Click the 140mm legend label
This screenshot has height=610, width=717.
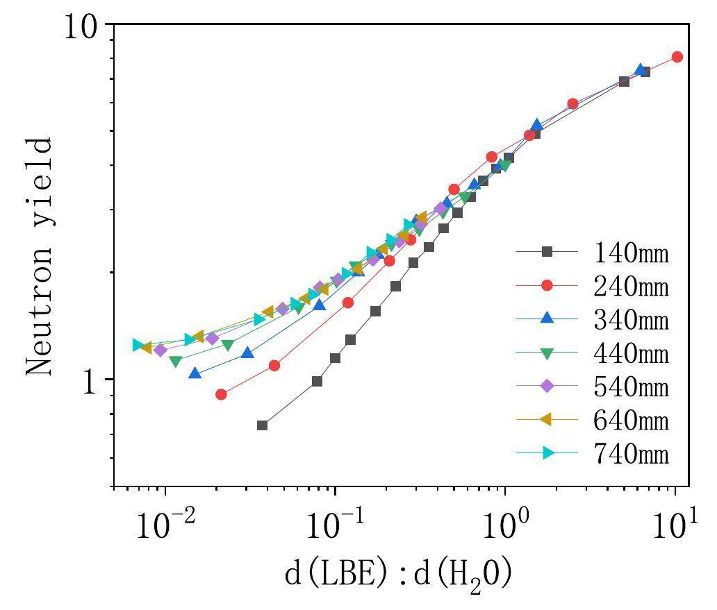(x=631, y=253)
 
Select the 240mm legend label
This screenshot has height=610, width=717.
(x=631, y=286)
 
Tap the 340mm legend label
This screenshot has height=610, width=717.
(x=631, y=320)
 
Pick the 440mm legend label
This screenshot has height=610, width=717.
(x=631, y=354)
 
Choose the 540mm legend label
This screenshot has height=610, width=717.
(x=631, y=387)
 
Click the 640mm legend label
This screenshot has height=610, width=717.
(x=631, y=421)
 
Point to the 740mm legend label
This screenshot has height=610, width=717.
(x=631, y=454)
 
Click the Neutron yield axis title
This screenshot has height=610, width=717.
(x=40, y=257)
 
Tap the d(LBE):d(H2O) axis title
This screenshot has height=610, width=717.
(x=398, y=575)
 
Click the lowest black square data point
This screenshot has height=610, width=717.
(x=262, y=425)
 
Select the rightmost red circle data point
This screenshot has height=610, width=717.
(x=677, y=57)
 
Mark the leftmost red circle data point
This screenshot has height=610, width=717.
(x=221, y=394)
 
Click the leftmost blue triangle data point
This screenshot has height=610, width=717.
(x=195, y=373)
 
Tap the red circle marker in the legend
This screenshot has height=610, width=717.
(x=547, y=285)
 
